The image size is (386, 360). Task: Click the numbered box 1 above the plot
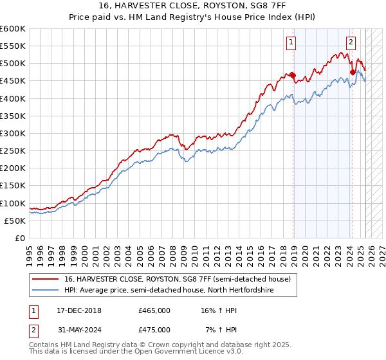291,43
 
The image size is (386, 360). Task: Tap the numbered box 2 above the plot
351,43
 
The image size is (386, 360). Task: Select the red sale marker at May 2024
353,72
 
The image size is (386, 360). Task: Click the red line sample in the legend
46,279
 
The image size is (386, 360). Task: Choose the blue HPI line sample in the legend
46,290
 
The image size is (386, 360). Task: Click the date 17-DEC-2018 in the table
78,310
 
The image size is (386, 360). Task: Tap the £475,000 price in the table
154,329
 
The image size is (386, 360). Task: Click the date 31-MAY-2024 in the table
78,329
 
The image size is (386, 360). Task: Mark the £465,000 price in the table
154,310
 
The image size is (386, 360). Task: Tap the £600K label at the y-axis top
13,29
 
